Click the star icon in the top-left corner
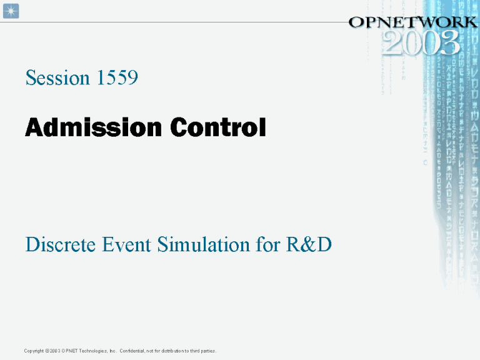click(11, 11)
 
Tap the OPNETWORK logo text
click(412, 22)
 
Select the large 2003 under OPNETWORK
click(422, 43)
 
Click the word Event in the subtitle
click(124, 245)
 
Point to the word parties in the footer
click(207, 351)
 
